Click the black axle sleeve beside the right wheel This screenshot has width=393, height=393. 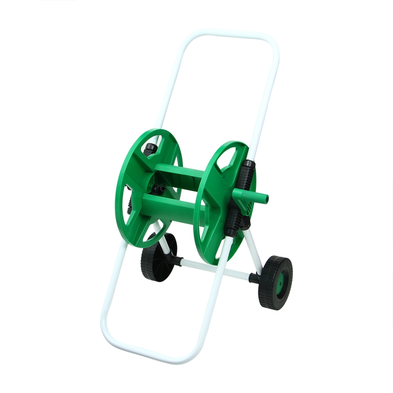click(x=254, y=278)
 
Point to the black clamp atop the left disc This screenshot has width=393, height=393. click(x=150, y=149)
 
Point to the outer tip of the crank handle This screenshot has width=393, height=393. click(x=266, y=199)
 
